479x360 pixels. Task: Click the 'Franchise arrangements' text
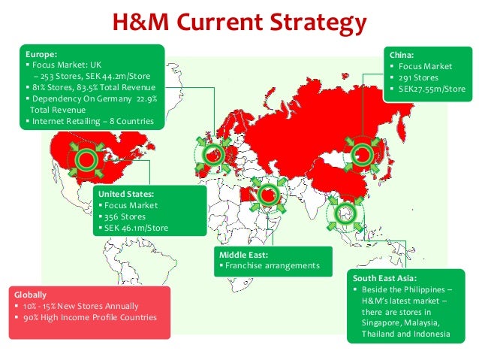click(x=273, y=266)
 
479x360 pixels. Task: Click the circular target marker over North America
click(x=86, y=158)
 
